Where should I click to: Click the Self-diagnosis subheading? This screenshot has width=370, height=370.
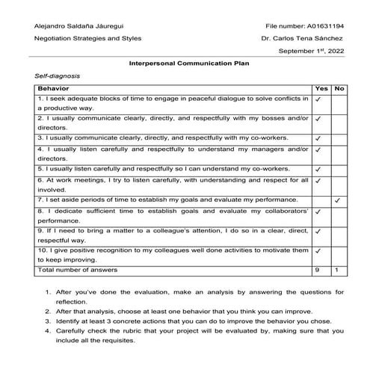pyautogui.click(x=58, y=77)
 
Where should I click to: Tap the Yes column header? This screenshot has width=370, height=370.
pyautogui.click(x=321, y=89)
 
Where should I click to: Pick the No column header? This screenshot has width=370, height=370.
pyautogui.click(x=339, y=89)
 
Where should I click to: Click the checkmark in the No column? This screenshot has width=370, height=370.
pyautogui.click(x=339, y=200)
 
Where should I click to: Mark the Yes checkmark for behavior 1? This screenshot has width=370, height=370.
pyautogui.click(x=318, y=99)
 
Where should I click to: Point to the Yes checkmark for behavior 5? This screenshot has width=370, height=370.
pyautogui.click(x=318, y=169)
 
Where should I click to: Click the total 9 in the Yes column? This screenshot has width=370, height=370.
pyautogui.click(x=318, y=269)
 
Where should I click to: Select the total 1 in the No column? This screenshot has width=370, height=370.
pyautogui.click(x=338, y=269)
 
